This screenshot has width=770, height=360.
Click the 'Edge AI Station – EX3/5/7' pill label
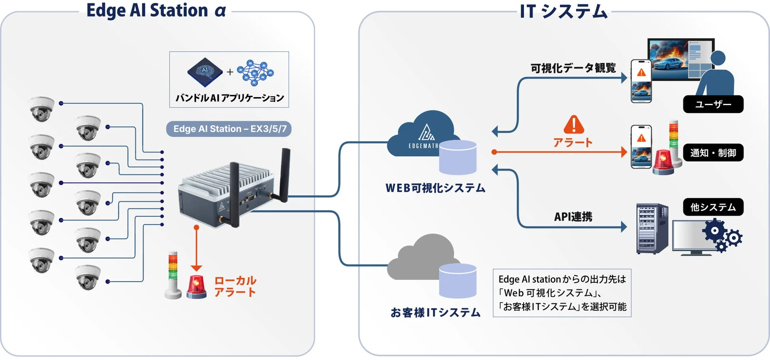tap(229, 129)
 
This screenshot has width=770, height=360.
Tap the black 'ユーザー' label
tap(713, 104)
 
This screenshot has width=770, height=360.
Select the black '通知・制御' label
tap(713, 153)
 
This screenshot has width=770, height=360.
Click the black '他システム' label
tap(713, 207)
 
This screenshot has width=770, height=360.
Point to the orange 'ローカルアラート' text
tap(235, 286)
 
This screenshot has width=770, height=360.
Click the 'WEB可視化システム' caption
tap(435, 188)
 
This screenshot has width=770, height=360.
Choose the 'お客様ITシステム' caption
tap(435, 313)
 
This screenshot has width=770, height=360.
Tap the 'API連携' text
tap(573, 217)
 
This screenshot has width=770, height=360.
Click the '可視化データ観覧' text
tap(573, 68)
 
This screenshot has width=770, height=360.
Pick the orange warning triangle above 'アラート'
tap(573, 125)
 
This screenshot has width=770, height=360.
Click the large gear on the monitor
tap(715, 231)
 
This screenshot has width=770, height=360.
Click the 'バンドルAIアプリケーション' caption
tap(229, 98)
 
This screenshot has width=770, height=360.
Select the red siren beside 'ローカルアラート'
tap(196, 287)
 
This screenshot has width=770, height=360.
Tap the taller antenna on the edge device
tap(285, 174)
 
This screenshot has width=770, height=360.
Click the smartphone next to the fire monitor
tap(641, 81)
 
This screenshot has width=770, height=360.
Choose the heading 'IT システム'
tap(563, 11)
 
